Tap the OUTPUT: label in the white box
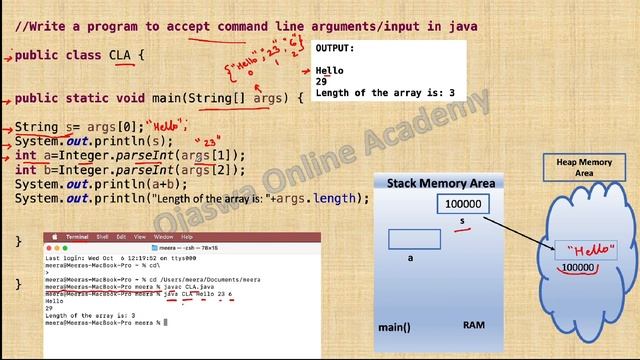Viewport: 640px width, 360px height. [x=335, y=48]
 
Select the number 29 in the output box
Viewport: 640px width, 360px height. [x=322, y=82]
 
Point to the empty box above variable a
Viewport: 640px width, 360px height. [x=415, y=239]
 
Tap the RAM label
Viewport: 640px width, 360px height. [x=474, y=326]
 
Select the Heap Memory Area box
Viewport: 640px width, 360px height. [x=584, y=167]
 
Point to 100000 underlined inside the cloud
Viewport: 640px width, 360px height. [x=579, y=268]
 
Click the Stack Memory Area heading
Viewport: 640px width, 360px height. [x=441, y=183]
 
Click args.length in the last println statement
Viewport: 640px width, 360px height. [x=326, y=198]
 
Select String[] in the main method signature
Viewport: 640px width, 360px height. [x=216, y=98]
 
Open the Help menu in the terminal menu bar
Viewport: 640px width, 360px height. [x=187, y=236]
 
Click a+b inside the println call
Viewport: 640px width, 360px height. [x=169, y=184]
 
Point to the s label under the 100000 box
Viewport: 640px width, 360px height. [x=461, y=220]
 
